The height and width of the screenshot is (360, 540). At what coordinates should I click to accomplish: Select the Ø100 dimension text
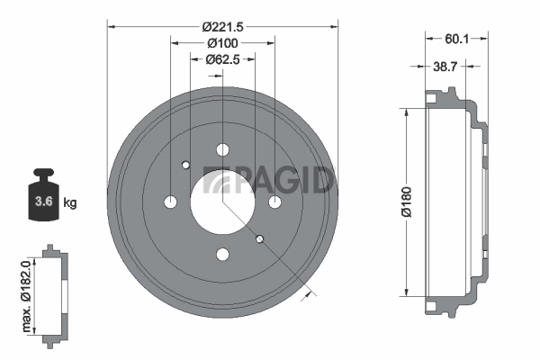point(222,43)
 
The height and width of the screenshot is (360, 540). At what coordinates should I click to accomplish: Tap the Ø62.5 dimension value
point(222,60)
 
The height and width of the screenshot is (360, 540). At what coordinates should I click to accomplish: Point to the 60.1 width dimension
point(456,39)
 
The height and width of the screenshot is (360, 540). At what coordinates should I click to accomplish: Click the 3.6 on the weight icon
point(41,201)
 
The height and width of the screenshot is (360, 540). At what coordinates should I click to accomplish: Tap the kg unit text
point(69,202)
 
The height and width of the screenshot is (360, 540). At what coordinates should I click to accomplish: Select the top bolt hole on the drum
point(222,150)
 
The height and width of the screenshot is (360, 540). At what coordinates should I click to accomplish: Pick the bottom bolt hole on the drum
point(222,255)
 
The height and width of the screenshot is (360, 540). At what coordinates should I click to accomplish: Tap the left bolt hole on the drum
point(170,202)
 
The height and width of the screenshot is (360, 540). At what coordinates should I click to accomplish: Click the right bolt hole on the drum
point(274,202)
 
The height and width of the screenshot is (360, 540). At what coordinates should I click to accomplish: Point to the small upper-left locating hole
point(185,165)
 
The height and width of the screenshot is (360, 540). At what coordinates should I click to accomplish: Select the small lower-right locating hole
point(259,239)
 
